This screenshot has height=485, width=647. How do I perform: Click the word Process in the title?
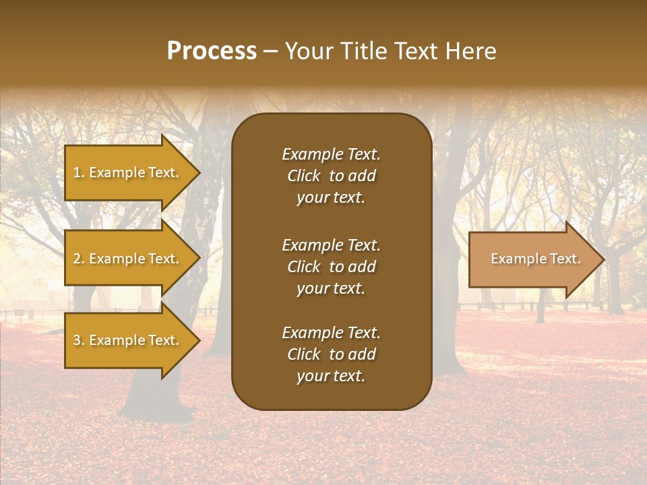click(212, 51)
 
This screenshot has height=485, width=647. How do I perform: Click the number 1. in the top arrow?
click(79, 172)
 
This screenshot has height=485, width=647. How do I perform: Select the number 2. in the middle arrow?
click(79, 259)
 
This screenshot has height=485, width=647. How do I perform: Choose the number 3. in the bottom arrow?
click(79, 340)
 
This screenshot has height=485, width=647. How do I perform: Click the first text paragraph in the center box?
click(331, 176)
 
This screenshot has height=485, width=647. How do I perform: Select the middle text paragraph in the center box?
click(331, 266)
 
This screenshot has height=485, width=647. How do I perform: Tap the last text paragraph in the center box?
click(331, 354)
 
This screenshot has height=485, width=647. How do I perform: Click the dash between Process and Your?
click(271, 52)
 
